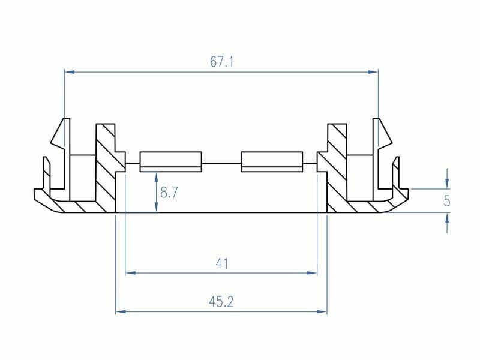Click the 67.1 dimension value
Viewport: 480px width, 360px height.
[x=221, y=62]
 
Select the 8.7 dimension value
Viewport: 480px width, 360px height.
[x=169, y=193]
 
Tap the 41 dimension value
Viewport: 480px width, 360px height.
[x=221, y=263]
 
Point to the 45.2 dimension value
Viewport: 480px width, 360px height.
[x=221, y=302]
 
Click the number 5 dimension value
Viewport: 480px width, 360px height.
[x=447, y=201]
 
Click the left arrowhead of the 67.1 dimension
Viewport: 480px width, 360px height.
[x=70, y=72]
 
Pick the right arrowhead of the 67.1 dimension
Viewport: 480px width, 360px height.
[x=373, y=72]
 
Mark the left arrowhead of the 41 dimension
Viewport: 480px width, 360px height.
[x=131, y=272]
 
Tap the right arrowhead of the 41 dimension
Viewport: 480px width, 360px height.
[x=312, y=272]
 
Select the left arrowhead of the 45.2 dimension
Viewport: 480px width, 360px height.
[x=121, y=311]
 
